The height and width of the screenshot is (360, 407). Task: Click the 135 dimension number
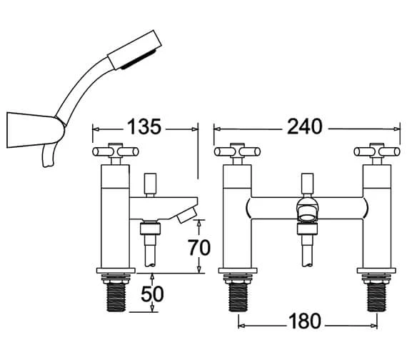pyautogui.click(x=144, y=127)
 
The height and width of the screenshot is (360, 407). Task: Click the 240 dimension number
pyautogui.click(x=304, y=126)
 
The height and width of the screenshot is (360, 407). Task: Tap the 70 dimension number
pyautogui.click(x=199, y=248)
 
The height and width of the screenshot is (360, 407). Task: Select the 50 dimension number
pyautogui.click(x=152, y=294)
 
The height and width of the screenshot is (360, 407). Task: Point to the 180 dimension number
pyautogui.click(x=305, y=321)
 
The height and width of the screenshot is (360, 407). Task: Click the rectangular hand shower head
pyautogui.click(x=135, y=50)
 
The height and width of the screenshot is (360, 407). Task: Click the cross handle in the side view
pyautogui.click(x=116, y=151)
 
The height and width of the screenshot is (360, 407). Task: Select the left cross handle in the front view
pyautogui.click(x=237, y=151)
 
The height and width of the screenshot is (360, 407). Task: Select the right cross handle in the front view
pyautogui.click(x=377, y=151)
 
